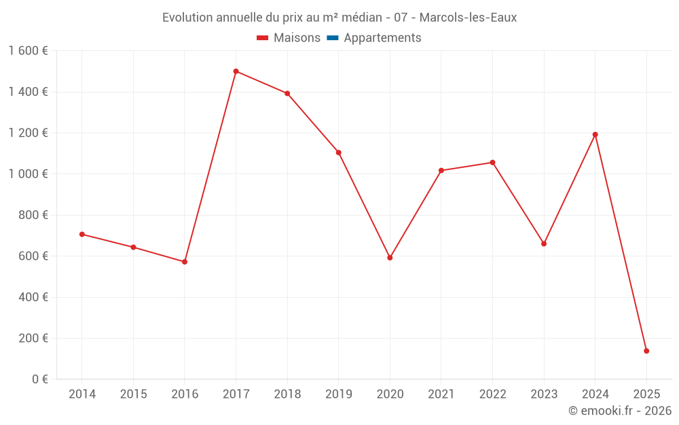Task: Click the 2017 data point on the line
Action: pos(236,71)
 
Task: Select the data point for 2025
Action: pos(646,351)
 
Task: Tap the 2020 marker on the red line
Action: pos(390,258)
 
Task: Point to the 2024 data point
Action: pos(595,135)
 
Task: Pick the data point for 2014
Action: pos(82,234)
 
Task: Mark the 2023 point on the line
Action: pos(544,243)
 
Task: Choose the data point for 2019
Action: pos(338,152)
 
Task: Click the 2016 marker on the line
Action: pos(185,262)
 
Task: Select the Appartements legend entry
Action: pos(382,38)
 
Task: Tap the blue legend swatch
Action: pos(333,38)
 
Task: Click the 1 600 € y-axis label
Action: pos(28,51)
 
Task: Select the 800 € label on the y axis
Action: pos(31,216)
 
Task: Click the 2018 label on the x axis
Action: pos(287,394)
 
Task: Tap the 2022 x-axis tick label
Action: pos(492,394)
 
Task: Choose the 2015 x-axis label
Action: pos(133,394)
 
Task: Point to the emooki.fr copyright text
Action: pos(620,411)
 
